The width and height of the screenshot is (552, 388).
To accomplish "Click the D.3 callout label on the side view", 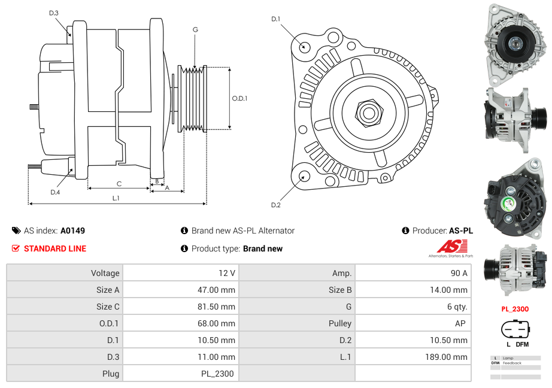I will (x=53, y=13).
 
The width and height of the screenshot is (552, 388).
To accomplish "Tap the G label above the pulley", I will (x=195, y=30).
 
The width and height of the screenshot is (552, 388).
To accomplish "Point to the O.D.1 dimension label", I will (x=239, y=99).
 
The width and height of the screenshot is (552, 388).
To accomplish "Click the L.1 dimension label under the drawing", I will (x=116, y=198).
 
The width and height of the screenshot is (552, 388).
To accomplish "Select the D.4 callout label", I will (x=55, y=192).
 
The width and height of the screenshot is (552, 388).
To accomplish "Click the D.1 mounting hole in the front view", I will (x=304, y=46).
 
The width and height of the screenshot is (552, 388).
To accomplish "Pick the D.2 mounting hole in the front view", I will (x=304, y=176).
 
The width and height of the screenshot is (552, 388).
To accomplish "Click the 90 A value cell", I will (x=459, y=273).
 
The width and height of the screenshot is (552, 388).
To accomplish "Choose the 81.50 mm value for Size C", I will (x=219, y=307).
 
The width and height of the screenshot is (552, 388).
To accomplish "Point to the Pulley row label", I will (x=340, y=323).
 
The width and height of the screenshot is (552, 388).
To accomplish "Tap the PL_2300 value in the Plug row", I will (x=217, y=374).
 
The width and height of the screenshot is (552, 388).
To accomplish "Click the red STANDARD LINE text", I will (x=55, y=248).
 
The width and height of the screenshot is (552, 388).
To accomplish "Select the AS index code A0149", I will (x=73, y=231).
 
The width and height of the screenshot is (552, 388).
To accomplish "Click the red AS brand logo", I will (x=451, y=246).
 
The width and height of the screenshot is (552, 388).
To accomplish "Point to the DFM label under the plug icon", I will (x=522, y=344).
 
